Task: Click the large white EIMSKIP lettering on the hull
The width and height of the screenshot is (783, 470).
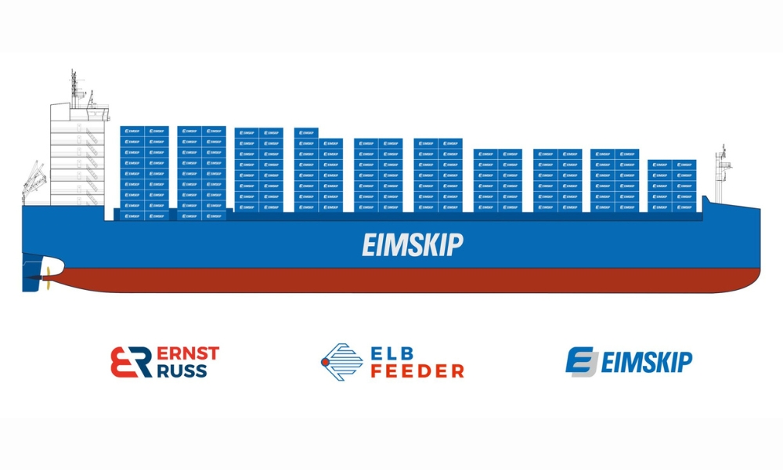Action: (412, 245)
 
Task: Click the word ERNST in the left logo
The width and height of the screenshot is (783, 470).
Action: (188, 353)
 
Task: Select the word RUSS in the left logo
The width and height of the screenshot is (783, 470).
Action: (182, 371)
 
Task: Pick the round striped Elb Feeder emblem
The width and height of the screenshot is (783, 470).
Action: (341, 361)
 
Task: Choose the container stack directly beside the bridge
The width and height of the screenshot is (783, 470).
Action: (144, 172)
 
